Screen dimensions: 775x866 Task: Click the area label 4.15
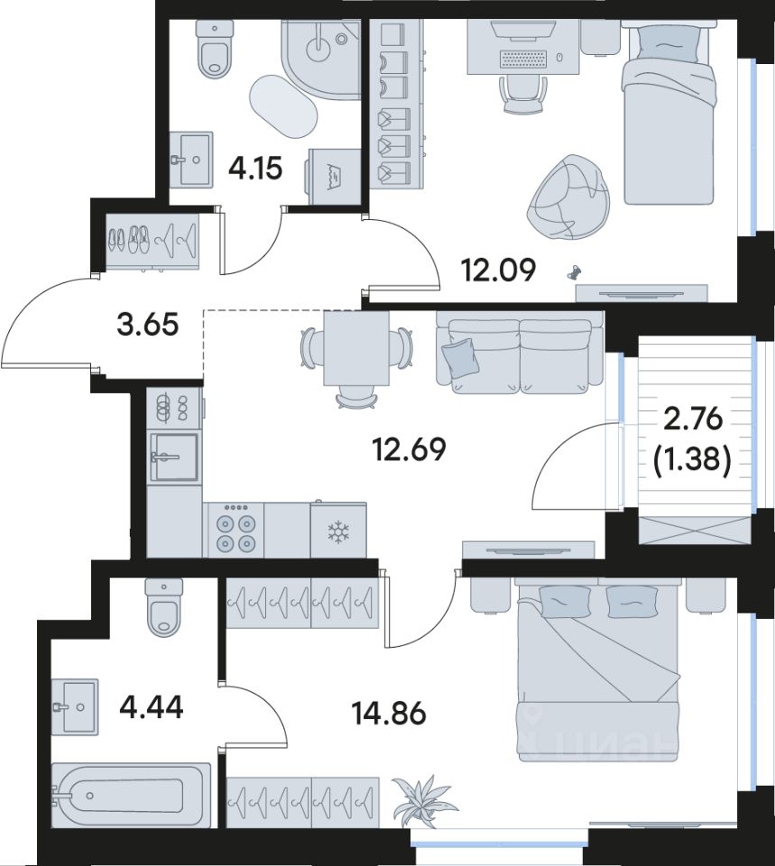pos(255,168)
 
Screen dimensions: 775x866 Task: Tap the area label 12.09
pos(499,271)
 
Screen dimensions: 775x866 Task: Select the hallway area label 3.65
pos(147,324)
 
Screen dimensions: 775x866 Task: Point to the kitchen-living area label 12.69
pos(410,449)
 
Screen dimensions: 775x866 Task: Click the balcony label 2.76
pos(693,419)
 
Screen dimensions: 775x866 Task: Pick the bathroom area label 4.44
pos(151,707)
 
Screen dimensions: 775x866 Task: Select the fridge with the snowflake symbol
pos(338,530)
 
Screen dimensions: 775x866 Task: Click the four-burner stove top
pos(233,530)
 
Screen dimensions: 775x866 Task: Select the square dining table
pos(356,348)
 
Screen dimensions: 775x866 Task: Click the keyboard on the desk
pos(524,59)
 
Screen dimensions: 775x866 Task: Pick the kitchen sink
pos(174,456)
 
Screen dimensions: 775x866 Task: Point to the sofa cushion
pos(458,357)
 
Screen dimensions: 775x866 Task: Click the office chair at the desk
pos(522,94)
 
